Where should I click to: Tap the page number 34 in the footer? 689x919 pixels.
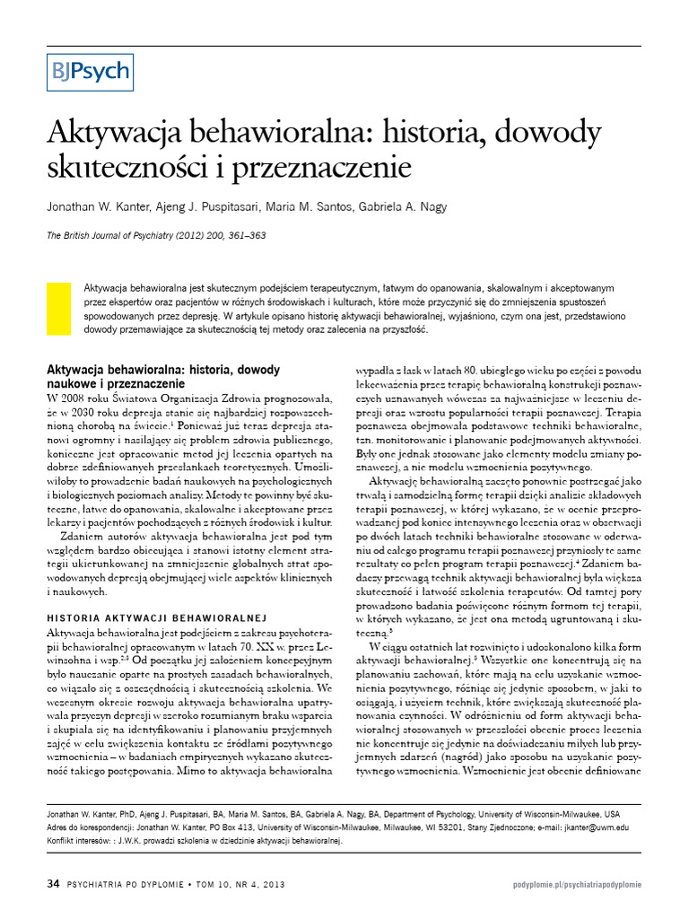click(x=52, y=884)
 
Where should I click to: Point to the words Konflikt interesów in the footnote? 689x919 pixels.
click(x=78, y=842)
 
